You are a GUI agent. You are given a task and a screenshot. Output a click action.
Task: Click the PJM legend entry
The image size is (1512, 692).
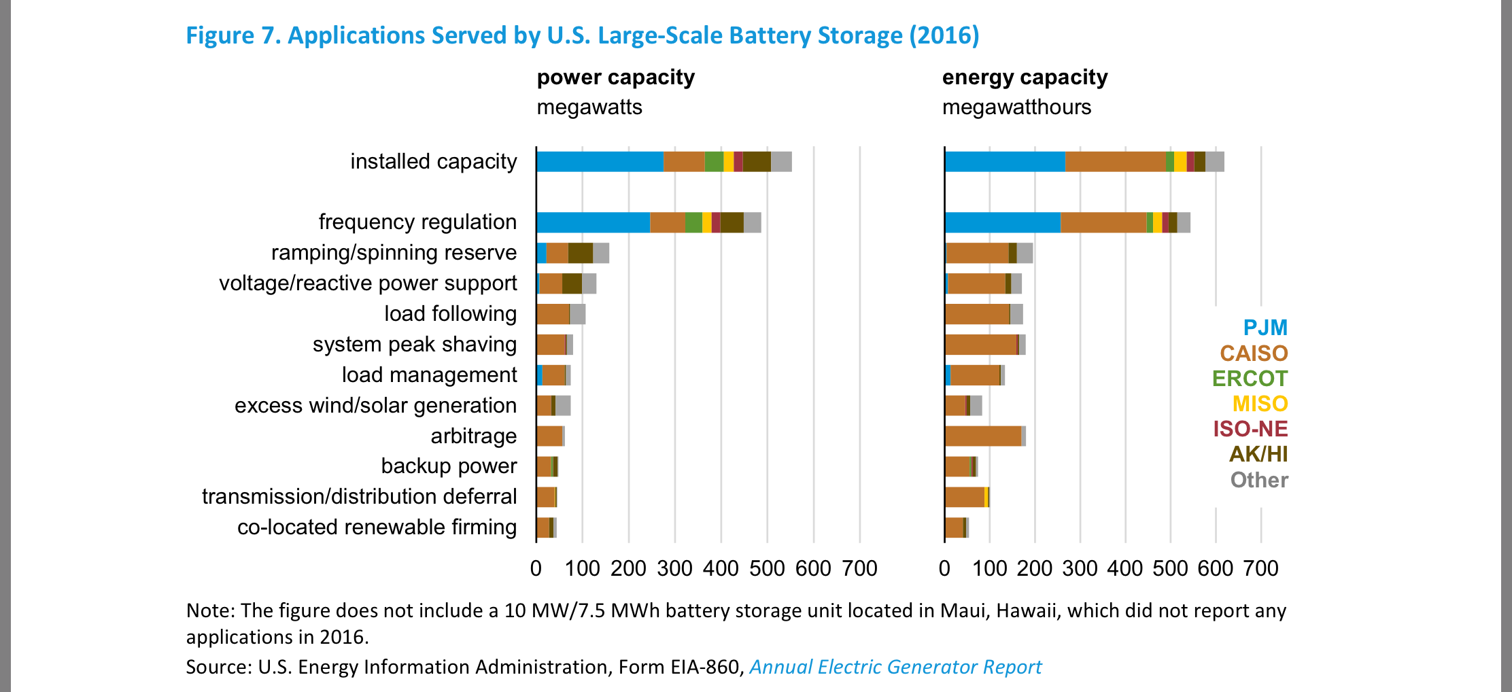coord(1265,328)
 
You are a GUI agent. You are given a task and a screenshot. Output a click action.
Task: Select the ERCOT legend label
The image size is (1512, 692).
coord(1250,379)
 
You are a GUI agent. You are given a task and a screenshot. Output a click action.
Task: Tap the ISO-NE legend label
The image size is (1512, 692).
coord(1250,429)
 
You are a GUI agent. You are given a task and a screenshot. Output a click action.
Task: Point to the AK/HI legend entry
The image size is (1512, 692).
coord(1258,454)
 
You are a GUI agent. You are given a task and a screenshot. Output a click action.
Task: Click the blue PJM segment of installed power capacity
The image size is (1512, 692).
coord(600,162)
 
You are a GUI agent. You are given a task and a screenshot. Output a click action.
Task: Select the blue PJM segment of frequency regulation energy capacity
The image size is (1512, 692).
coord(1002,222)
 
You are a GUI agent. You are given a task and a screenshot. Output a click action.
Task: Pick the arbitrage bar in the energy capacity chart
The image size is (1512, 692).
coord(983,436)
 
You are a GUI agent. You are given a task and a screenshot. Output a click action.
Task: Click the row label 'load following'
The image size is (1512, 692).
coord(450,313)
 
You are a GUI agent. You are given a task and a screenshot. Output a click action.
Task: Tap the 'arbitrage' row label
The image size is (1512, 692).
coord(473,436)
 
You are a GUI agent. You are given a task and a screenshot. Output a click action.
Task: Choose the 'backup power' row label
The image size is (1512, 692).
coord(449,466)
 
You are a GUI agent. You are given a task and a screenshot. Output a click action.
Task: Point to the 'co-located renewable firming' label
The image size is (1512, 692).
coord(377,527)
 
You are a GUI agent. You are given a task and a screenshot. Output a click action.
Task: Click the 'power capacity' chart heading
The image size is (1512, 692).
coord(615,77)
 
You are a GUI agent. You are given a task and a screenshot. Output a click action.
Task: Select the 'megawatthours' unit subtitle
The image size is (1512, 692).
coord(1016,107)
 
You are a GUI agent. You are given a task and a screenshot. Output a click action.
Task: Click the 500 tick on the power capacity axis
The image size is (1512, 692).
coord(767,568)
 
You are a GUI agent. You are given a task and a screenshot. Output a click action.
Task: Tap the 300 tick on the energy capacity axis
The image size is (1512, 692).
coord(1080,568)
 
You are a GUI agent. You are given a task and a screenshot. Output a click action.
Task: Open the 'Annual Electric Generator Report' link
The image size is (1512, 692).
coord(895,667)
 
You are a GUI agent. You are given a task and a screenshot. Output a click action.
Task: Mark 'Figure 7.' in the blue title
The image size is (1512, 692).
coord(233,35)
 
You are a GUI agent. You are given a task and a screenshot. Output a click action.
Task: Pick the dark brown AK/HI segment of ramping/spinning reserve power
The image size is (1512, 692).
coord(580,253)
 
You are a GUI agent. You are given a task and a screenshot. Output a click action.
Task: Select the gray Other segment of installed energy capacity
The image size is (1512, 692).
coord(1214,162)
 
